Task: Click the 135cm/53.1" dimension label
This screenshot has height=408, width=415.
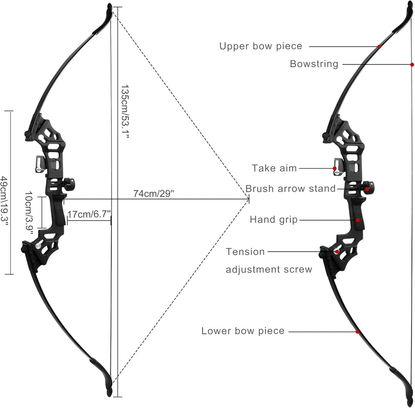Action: [125, 112]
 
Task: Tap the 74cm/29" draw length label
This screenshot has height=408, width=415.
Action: [154, 193]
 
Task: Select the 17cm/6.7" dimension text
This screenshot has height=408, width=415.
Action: [89, 214]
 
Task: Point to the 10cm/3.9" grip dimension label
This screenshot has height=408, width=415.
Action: [29, 213]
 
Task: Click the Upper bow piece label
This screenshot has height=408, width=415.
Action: [261, 46]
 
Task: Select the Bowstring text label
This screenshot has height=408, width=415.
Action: [314, 64]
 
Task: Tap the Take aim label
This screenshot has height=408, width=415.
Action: [274, 168]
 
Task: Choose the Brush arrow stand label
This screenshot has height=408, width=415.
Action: [291, 188]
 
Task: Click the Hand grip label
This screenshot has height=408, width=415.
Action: [274, 220]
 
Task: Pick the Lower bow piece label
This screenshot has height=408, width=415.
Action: [243, 331]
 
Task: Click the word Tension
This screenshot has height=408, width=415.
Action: [245, 252]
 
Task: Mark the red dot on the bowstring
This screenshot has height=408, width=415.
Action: [412, 64]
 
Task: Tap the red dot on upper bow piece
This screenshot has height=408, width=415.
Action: [379, 47]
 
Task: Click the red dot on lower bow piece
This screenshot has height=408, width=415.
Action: [357, 331]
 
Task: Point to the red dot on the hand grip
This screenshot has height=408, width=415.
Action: [357, 220]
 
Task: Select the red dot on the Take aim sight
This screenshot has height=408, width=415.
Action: [334, 168]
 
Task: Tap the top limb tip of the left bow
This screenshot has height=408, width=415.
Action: [109, 5]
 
